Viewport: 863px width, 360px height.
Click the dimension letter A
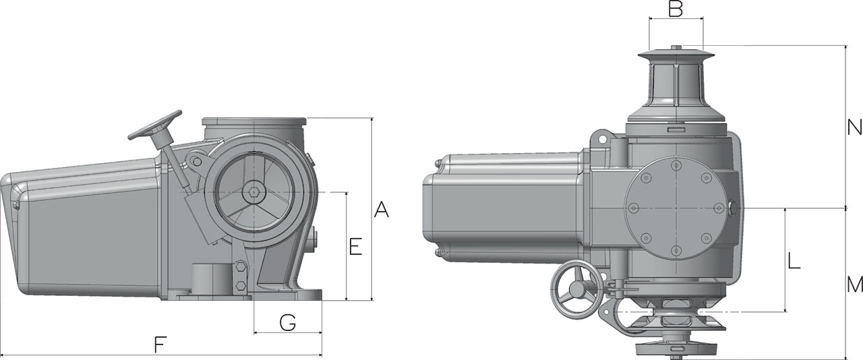382,209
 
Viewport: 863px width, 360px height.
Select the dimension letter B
676,9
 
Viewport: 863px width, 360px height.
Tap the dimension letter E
355,247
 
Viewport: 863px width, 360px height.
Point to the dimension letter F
160,344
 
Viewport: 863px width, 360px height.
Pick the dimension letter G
288,322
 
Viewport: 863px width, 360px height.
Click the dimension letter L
794,260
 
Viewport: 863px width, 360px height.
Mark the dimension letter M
855,285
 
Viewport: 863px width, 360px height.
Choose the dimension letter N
854,127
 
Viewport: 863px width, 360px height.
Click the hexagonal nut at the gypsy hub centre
254,192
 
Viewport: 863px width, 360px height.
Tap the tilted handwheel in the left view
156,127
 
